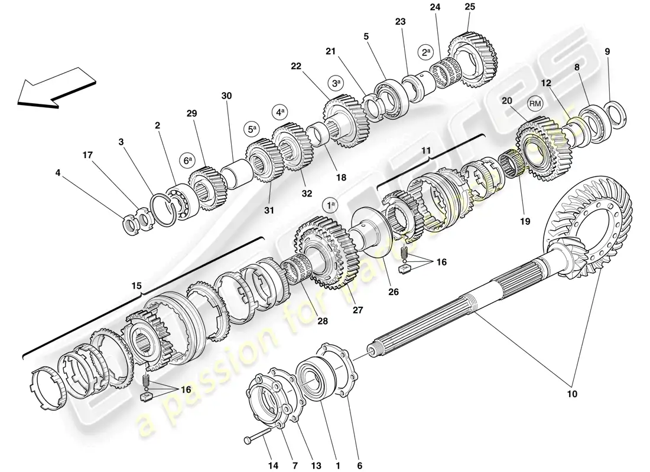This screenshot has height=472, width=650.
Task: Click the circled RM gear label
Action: click(x=535, y=104)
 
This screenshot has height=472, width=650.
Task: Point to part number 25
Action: click(x=470, y=7)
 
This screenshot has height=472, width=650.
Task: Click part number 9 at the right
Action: click(x=607, y=51)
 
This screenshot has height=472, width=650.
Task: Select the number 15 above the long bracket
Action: click(x=136, y=286)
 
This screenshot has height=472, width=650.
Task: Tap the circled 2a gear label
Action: click(x=426, y=51)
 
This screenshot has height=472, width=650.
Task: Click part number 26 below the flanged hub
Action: click(x=377, y=291)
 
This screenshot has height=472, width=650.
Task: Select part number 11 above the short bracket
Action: click(x=425, y=152)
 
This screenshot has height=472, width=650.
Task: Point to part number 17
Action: click(x=87, y=156)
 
